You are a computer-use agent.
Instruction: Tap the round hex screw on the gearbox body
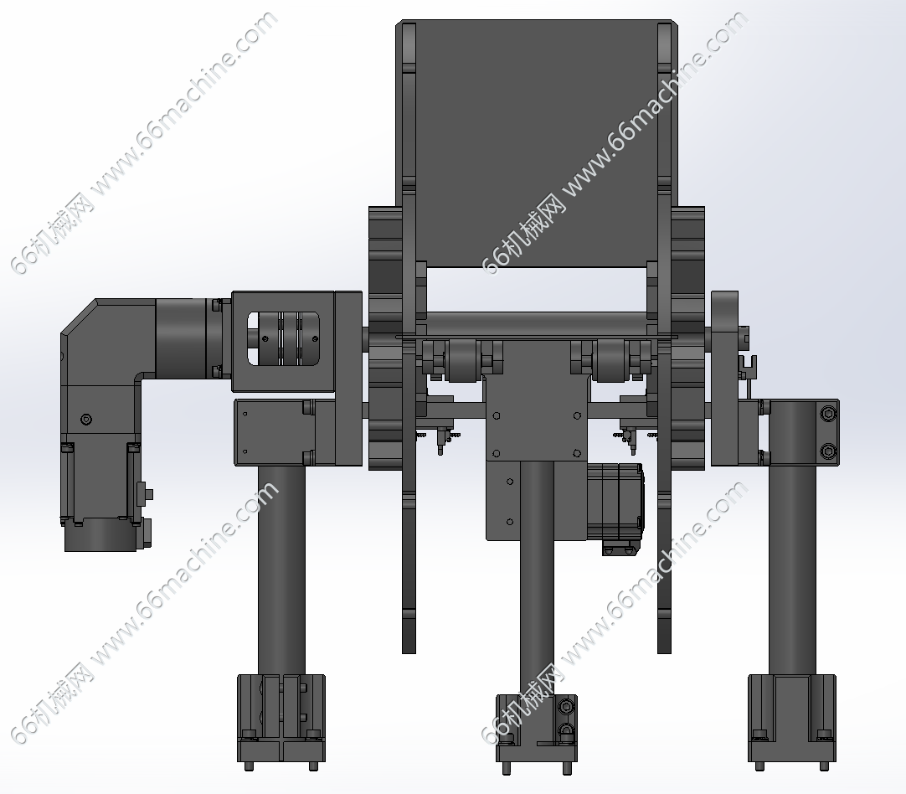click(x=87, y=419)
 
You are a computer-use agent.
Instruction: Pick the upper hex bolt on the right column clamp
click(x=829, y=413)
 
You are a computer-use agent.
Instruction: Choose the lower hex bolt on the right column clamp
click(x=829, y=450)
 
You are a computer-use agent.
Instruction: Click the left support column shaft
click(x=281, y=570)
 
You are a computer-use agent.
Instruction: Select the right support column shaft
click(x=791, y=570)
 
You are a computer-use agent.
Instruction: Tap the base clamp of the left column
click(x=281, y=718)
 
